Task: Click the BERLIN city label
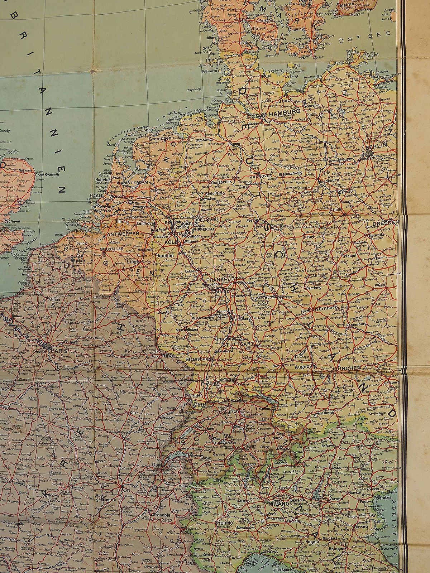[x=379, y=146]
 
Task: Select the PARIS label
[x=59, y=351]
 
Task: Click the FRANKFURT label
[x=220, y=279]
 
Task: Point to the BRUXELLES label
[x=111, y=248]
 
